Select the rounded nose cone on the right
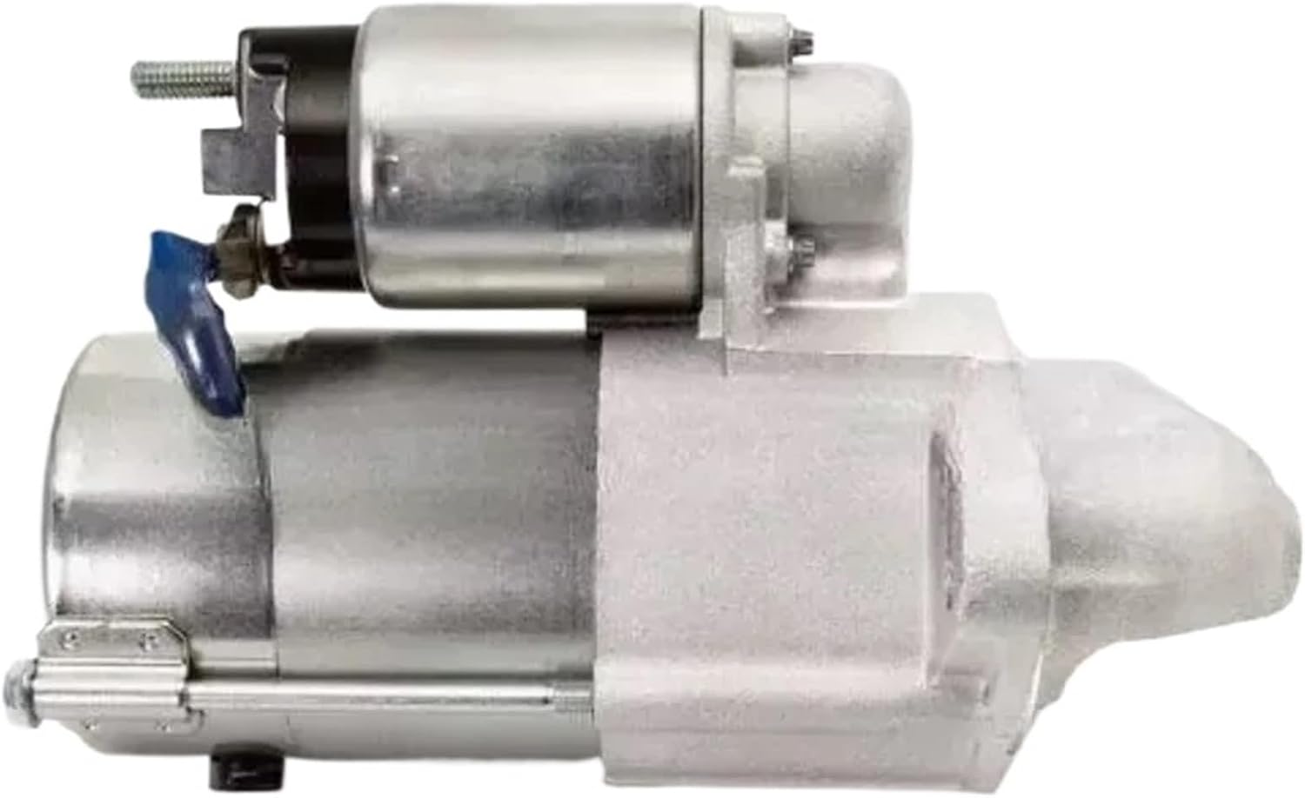(1209, 539)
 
